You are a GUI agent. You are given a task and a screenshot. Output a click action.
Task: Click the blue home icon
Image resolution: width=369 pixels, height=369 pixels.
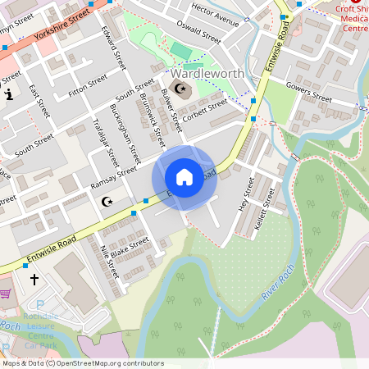pyautogui.click(x=184, y=177)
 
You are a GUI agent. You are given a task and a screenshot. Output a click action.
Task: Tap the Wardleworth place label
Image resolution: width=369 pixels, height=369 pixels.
pyautogui.click(x=210, y=74)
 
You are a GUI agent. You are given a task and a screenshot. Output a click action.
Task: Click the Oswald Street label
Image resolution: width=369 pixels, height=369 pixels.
pyautogui.click(x=201, y=34)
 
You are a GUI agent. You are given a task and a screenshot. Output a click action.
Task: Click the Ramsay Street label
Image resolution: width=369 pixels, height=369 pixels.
pyautogui.click(x=115, y=179)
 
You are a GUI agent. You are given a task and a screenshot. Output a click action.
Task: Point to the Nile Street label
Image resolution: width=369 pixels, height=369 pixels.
pyautogui.click(x=108, y=261)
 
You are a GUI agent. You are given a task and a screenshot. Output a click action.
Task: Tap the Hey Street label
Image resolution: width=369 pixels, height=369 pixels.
pyautogui.click(x=243, y=195)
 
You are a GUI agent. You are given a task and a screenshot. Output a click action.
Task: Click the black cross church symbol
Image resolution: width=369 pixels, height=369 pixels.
pyautogui.click(x=34, y=280)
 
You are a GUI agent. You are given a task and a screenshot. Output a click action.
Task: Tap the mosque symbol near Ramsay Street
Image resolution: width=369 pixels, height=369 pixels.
pyautogui.click(x=105, y=201)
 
